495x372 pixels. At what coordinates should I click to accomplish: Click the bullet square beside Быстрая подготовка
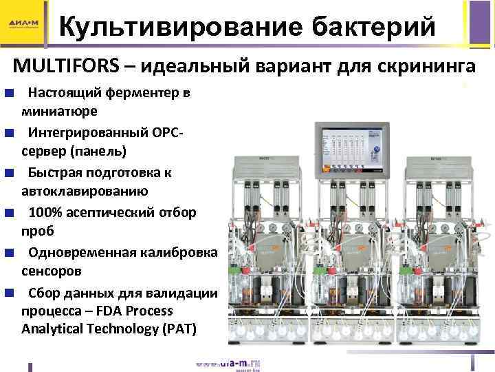[x=7, y=172]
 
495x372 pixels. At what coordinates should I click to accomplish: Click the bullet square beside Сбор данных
[x=7, y=292]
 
